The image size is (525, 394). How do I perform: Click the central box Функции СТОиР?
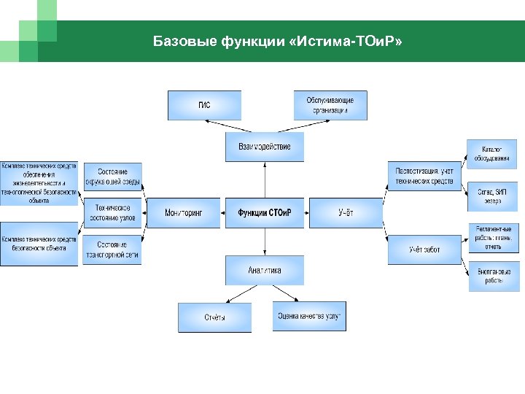pos(264,213)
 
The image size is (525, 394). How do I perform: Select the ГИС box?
pos(204,105)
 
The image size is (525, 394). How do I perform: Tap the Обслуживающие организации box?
pos(330,105)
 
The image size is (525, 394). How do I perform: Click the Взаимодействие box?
pos(264,147)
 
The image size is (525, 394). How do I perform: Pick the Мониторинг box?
pos(182,213)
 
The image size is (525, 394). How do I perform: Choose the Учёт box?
pos(346,213)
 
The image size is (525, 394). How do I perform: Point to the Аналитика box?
pos(264,270)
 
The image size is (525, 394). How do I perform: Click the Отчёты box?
pos(214,317)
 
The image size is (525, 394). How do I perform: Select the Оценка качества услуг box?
pos(309,317)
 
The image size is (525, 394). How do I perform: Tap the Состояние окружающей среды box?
pos(112,176)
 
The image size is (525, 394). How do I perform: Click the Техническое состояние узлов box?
pos(112,212)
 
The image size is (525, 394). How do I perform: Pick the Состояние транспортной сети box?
pos(112,250)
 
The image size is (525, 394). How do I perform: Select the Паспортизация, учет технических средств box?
pos(424,176)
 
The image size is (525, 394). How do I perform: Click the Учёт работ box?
pos(424,250)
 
